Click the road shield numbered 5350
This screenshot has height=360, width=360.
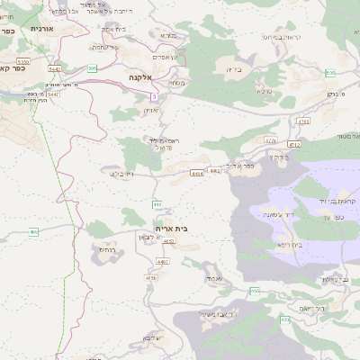[x=23, y=61]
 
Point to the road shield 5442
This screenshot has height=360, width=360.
[x=55, y=68]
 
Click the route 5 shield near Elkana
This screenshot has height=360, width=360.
[x=155, y=95]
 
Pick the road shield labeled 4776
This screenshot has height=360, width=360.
[x=270, y=140]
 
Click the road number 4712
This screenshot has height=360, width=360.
[x=293, y=144]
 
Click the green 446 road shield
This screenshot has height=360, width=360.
[x=157, y=204]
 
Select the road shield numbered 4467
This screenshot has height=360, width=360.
[x=162, y=262]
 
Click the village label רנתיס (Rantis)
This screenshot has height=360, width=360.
[x=107, y=249]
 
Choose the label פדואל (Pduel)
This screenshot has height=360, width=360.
[x=165, y=146]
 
